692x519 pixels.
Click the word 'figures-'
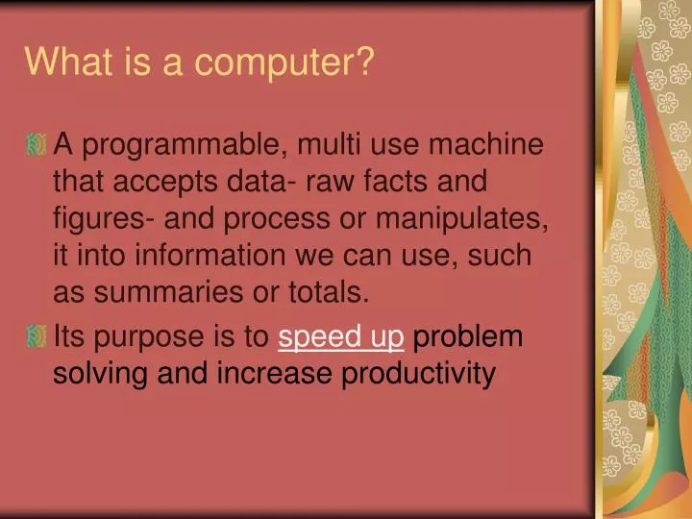coord(99,219)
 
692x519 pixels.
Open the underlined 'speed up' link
coord(341,337)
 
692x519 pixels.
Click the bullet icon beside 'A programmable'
coord(37,146)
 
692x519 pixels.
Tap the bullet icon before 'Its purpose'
coord(37,337)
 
